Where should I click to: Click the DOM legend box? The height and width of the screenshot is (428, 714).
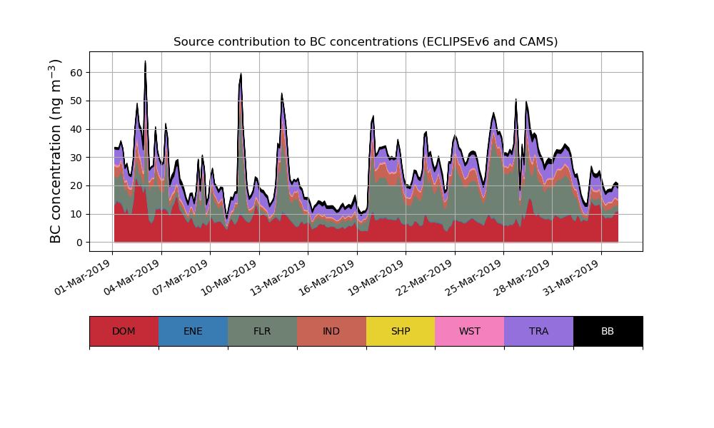(124, 331)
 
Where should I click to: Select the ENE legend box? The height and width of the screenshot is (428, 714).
(193, 331)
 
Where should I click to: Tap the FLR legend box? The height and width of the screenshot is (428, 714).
(262, 331)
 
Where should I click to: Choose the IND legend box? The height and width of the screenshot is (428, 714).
(331, 331)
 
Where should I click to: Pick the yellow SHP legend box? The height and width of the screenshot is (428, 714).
(401, 331)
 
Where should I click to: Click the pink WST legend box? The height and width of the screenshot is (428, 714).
(470, 331)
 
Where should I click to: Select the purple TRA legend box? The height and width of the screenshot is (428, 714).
(539, 331)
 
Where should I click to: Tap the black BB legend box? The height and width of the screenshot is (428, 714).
(608, 331)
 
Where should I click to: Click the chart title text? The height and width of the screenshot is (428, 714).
(366, 42)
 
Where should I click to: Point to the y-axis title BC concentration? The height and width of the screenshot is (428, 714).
(56, 151)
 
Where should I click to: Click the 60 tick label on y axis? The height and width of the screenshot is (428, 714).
(76, 73)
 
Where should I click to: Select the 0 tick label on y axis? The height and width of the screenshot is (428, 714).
(79, 243)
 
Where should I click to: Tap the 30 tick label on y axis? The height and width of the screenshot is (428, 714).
(76, 158)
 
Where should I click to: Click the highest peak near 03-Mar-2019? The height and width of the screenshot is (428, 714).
(145, 62)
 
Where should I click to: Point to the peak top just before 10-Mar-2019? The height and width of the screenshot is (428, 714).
(241, 73)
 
